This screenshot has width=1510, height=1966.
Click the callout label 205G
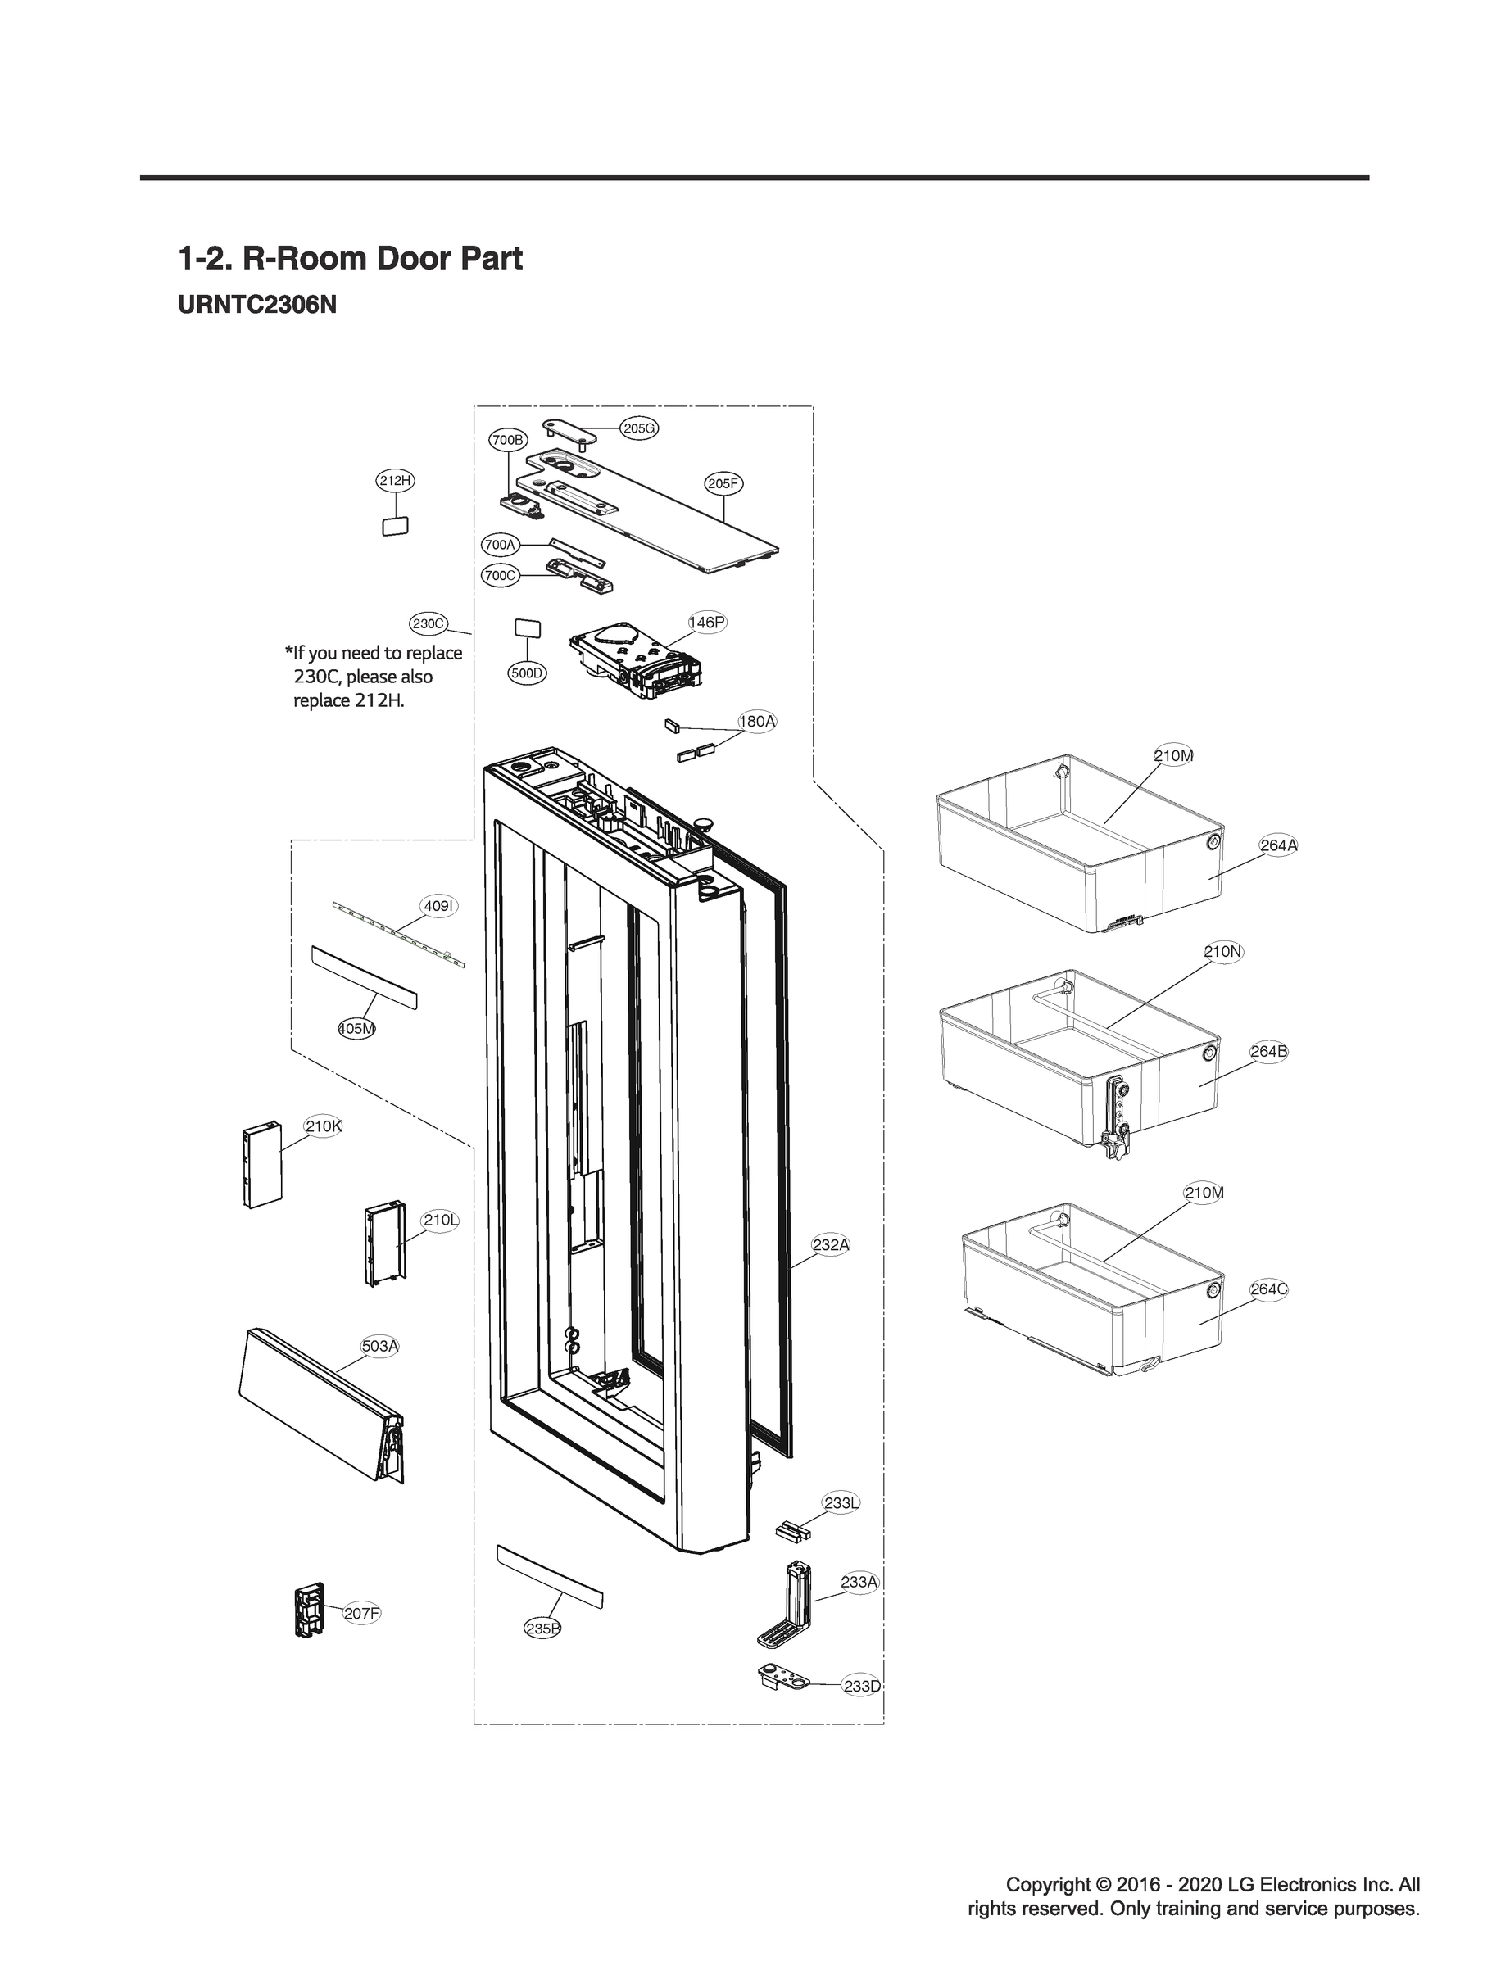tap(639, 428)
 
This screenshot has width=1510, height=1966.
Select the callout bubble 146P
tap(706, 622)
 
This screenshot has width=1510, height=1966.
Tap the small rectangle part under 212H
tap(396, 527)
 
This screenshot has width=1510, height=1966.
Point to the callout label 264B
tap(1268, 1051)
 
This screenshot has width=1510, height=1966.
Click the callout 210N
tap(1223, 952)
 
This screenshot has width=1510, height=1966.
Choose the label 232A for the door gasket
tap(831, 1244)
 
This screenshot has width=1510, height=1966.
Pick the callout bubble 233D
tap(861, 1686)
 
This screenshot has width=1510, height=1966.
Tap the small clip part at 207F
tap(308, 1612)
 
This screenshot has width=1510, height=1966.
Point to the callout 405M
tap(357, 1029)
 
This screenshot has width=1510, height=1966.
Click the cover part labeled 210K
tap(261, 1166)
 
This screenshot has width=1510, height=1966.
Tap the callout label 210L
tap(441, 1221)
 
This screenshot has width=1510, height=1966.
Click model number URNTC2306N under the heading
tap(257, 305)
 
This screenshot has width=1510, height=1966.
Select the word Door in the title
tap(413, 259)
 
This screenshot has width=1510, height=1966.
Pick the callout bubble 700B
tap(508, 439)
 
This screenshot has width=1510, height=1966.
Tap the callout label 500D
tap(527, 673)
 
